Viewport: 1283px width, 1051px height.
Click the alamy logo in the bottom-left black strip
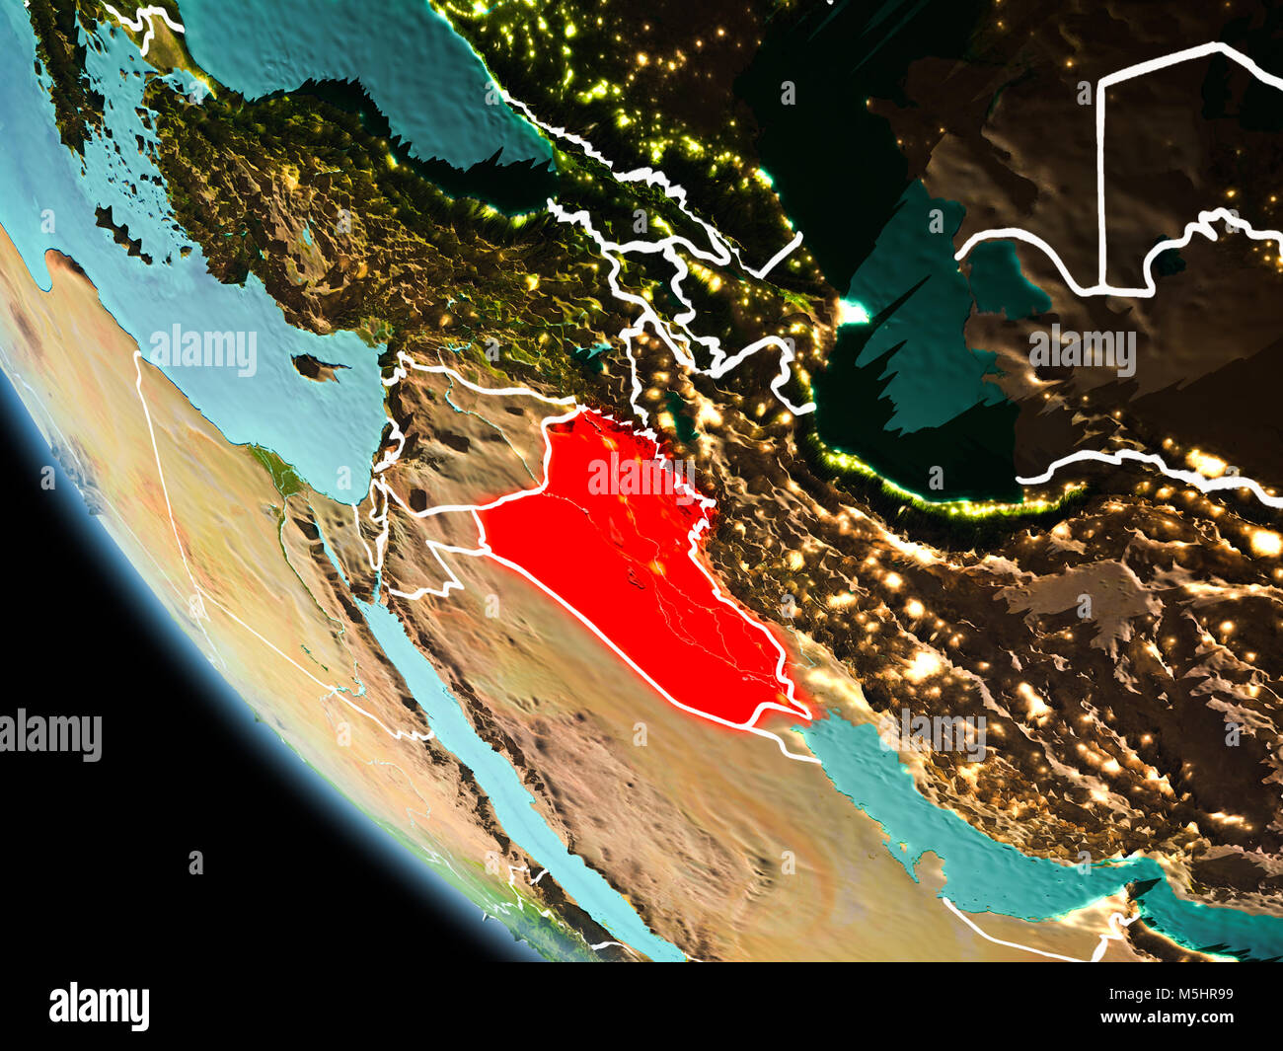point(99,1006)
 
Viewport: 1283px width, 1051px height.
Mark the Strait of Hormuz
point(1145,888)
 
